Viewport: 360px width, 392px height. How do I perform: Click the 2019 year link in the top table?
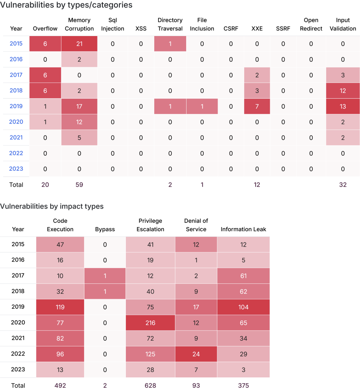[x=16, y=106]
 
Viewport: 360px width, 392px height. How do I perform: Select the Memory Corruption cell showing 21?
[x=79, y=44]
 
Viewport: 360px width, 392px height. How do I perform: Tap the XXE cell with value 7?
[x=257, y=106]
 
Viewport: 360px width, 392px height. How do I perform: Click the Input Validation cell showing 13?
[x=343, y=106]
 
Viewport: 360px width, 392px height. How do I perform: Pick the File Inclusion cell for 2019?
[x=202, y=106]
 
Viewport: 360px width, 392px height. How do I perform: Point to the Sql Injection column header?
[x=112, y=24]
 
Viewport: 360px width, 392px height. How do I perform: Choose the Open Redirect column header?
[x=311, y=24]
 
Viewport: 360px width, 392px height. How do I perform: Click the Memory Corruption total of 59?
[x=79, y=184]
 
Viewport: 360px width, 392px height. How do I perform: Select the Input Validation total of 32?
[x=343, y=184]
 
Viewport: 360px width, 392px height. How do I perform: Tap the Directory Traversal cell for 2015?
[x=170, y=44]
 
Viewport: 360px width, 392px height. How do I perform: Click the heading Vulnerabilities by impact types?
[x=52, y=206]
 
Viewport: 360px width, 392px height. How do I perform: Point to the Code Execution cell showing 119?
[x=60, y=307]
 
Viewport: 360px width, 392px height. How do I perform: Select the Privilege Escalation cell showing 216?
[x=150, y=323]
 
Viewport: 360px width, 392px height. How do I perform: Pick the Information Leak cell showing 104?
[x=243, y=307]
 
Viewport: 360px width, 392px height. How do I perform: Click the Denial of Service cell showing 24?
[x=196, y=354]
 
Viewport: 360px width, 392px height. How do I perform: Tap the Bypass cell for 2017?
[x=105, y=276]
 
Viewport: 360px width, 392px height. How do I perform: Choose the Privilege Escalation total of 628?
[x=150, y=385]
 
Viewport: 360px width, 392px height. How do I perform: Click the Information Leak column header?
[x=243, y=229]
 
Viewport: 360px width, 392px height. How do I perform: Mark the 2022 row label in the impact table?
[x=18, y=354]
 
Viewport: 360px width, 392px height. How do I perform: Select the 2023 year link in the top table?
[x=16, y=169]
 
